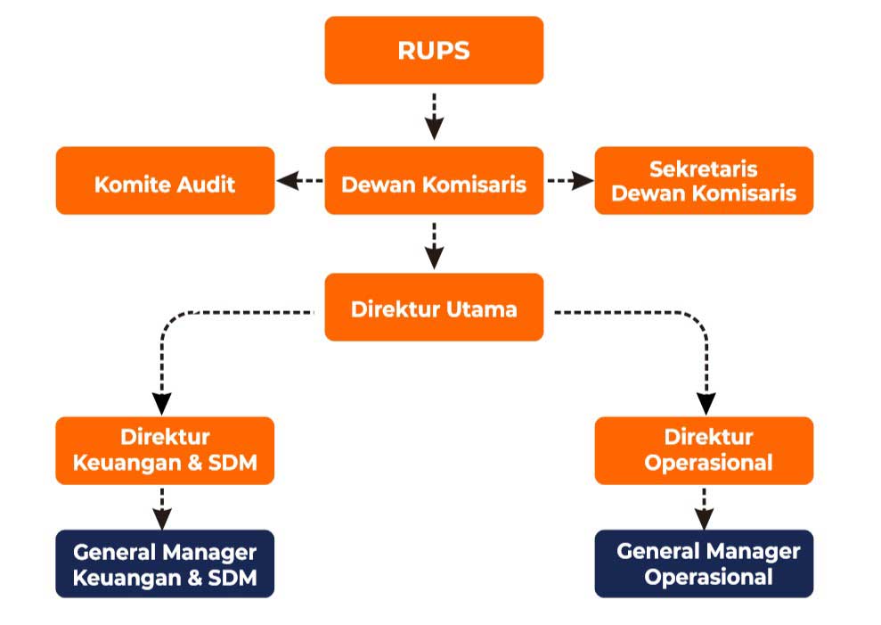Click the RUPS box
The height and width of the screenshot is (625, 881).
(434, 50)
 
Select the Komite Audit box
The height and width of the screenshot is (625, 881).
(165, 181)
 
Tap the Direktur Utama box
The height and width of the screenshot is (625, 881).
(434, 308)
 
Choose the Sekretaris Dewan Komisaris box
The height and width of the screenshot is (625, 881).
(704, 181)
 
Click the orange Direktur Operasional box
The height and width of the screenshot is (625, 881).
(704, 450)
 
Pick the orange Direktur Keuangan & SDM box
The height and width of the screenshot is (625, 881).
(165, 450)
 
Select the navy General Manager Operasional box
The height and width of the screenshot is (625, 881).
(704, 563)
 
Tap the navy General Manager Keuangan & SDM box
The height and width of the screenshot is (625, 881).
(165, 563)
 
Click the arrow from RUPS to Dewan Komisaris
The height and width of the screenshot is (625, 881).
(435, 117)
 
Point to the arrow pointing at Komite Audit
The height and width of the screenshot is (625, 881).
(300, 181)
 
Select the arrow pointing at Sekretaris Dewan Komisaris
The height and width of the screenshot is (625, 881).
(570, 181)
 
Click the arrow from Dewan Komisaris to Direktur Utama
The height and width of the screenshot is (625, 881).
(435, 246)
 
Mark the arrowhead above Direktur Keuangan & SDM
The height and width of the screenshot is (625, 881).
(162, 404)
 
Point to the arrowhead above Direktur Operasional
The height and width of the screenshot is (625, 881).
(706, 404)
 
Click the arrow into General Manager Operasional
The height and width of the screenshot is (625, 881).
(704, 509)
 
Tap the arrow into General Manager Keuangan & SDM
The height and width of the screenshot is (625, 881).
(162, 509)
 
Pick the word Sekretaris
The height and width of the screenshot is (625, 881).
(704, 169)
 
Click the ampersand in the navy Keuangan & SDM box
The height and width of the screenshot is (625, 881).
(194, 578)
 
